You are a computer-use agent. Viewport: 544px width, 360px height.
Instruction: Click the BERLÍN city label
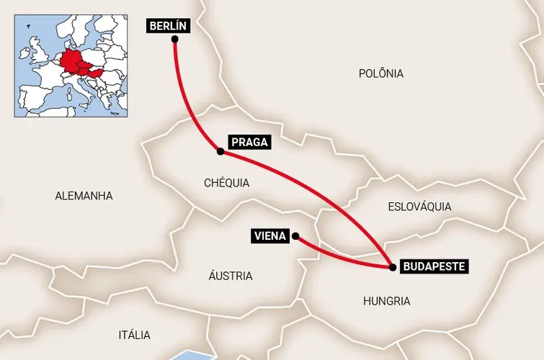point(168,27)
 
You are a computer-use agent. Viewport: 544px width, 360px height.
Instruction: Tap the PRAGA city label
point(249,142)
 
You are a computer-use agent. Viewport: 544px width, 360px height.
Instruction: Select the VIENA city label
point(271,235)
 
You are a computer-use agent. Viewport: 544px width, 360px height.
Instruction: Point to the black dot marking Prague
point(220,151)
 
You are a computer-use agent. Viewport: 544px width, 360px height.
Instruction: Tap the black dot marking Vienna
point(295,235)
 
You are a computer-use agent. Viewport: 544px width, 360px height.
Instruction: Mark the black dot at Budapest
point(392,267)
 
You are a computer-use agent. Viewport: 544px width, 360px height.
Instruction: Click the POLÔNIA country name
point(380,73)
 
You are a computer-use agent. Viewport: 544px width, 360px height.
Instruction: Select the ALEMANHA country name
point(84,195)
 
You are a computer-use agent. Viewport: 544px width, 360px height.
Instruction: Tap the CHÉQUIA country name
point(226,183)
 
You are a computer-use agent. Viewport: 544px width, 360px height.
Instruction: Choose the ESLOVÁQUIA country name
point(419,207)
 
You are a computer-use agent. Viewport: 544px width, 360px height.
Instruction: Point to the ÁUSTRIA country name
point(230,276)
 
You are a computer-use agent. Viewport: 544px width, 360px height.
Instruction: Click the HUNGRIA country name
point(386,301)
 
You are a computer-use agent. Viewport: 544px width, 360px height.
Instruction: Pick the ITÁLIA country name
point(134,335)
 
